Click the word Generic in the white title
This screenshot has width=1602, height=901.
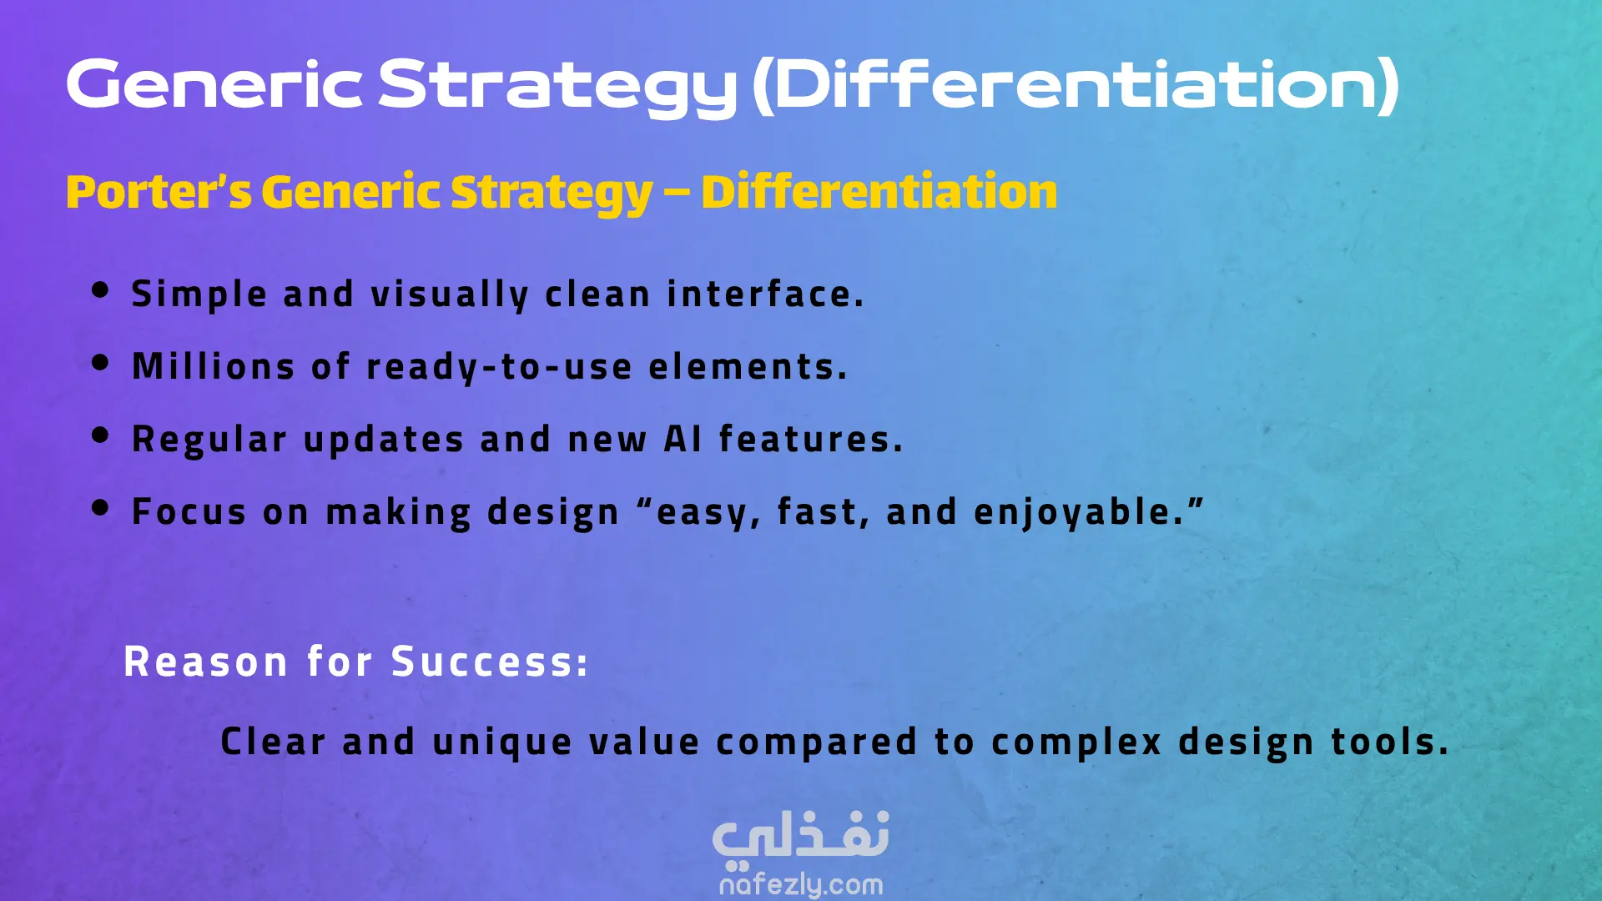coord(214,84)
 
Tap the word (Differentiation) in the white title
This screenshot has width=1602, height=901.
coord(1076,85)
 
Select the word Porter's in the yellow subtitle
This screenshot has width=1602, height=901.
coord(159,192)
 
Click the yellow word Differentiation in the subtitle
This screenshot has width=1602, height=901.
coord(879,191)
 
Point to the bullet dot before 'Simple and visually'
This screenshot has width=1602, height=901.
coord(100,290)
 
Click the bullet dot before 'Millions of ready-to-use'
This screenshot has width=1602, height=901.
coord(100,363)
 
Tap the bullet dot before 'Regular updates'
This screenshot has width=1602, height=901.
coord(100,435)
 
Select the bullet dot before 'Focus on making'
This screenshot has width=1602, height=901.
coord(100,508)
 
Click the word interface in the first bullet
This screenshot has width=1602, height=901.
coord(765,294)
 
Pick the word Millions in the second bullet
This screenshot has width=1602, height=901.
coord(214,366)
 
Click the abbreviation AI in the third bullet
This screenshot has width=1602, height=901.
coord(683,439)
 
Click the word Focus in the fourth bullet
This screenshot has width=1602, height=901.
coord(189,511)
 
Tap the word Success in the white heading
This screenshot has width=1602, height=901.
coord(490,662)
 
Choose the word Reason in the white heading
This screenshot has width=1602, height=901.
coord(206,662)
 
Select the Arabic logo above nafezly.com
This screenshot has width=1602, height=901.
coord(801,837)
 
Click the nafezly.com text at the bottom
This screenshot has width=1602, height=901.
coord(801,884)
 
